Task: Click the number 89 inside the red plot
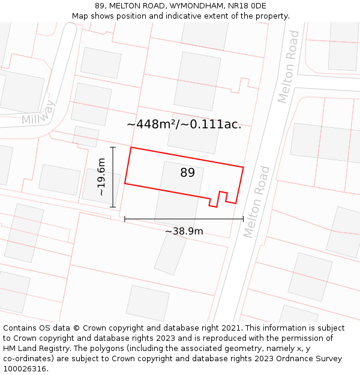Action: coord(188,173)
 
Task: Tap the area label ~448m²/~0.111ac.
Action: coord(184,124)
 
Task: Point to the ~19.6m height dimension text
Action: coord(101,177)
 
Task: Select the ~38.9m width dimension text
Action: coord(184,231)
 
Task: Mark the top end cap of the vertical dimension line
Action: coord(113,147)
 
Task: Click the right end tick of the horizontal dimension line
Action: coord(243,219)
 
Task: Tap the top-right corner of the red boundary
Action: coord(243,167)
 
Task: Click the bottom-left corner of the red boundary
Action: coord(125,183)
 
